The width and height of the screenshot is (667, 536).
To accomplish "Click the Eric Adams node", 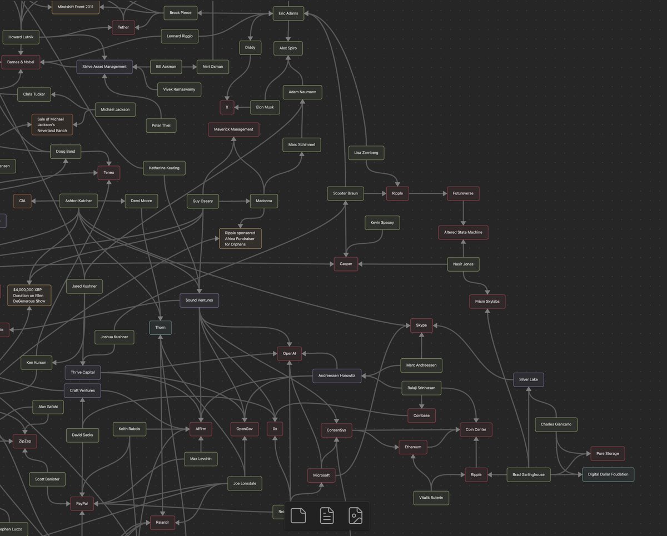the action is (x=288, y=13).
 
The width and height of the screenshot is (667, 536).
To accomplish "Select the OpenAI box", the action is (x=290, y=353).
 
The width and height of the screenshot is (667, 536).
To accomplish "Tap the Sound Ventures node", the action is (x=199, y=300).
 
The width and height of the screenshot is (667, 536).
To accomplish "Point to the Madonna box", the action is (x=263, y=201).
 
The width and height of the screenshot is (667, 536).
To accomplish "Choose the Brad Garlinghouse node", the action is (x=529, y=474).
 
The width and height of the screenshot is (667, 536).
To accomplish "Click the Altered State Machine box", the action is (x=463, y=232).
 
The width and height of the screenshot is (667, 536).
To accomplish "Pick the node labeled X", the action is (x=227, y=107).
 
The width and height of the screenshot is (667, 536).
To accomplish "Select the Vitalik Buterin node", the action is (x=431, y=498).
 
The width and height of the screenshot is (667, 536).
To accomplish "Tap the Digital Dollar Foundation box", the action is (x=608, y=474).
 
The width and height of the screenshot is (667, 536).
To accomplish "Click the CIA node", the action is (x=22, y=201).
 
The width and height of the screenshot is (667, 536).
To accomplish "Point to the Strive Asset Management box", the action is (x=104, y=67).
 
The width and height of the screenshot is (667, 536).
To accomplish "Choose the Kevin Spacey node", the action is (x=382, y=223).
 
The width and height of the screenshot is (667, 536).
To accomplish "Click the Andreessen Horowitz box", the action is (x=337, y=376).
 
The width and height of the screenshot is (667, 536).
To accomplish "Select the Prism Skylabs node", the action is (x=487, y=302).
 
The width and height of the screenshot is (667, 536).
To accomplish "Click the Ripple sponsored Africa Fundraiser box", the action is (x=240, y=238).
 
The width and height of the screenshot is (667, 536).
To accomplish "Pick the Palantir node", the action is (x=163, y=522).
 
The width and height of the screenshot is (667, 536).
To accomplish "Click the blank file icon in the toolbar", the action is (x=298, y=515).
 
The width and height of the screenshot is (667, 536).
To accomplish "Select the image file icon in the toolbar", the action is (x=355, y=515).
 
